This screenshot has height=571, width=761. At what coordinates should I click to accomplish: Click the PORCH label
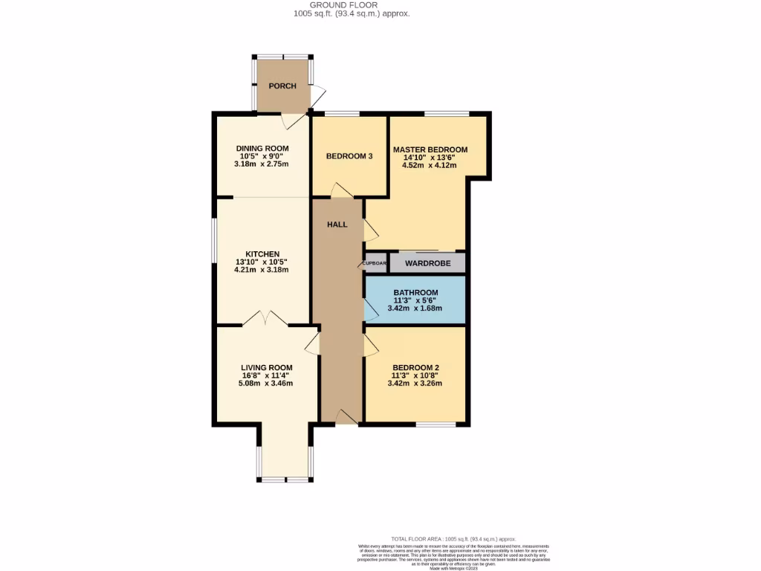(282, 86)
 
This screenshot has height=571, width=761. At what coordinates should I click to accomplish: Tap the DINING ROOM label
(262, 149)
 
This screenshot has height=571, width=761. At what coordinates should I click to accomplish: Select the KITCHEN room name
(262, 254)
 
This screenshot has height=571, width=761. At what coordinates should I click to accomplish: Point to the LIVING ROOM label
(266, 367)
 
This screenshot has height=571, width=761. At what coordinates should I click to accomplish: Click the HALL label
(337, 225)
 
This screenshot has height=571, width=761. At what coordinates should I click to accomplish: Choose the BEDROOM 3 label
(349, 156)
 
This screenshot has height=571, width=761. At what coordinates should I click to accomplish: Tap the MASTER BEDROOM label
(430, 149)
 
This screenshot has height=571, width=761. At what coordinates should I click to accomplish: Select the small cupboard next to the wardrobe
(375, 263)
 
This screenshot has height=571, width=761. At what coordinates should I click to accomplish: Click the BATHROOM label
(415, 292)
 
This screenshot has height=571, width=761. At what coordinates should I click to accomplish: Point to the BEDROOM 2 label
(415, 367)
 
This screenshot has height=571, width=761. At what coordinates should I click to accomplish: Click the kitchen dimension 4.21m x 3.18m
(262, 270)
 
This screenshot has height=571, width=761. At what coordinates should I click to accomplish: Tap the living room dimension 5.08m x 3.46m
(266, 384)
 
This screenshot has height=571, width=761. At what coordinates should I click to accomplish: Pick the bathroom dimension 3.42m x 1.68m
(415, 308)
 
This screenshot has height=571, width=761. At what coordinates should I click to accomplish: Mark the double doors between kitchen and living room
(265, 319)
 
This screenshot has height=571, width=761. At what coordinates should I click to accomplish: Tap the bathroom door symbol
(369, 309)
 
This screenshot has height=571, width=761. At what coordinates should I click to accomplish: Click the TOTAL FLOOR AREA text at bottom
(453, 538)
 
